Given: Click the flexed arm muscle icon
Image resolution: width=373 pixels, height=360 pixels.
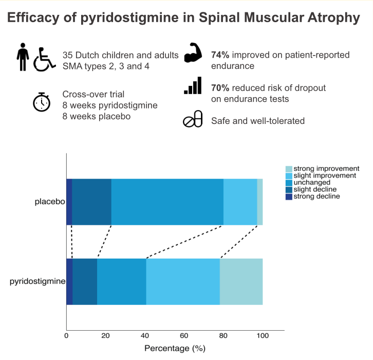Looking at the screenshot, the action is (193, 52).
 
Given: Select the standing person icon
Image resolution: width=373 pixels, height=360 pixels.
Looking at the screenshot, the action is (23, 57).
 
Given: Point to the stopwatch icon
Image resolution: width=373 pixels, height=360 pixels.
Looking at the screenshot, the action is (42, 102).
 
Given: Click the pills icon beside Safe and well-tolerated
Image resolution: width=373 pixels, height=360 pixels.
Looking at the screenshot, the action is (193, 119).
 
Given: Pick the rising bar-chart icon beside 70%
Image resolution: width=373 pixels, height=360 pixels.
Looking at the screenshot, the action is (193, 85).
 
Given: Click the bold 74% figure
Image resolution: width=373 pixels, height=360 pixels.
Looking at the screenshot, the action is (220, 55).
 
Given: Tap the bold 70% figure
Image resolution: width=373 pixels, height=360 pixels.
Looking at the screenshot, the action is (220, 88).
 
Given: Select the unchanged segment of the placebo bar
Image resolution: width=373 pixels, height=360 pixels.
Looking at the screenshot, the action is (167, 202).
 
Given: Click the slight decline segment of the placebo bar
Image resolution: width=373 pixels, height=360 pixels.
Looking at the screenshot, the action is (91, 202).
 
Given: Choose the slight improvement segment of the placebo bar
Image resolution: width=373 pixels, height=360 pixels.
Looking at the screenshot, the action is (240, 202).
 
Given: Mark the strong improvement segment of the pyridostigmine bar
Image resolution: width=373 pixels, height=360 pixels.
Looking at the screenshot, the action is (241, 282).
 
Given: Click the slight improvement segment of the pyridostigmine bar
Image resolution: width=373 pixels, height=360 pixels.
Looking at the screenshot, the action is (183, 282).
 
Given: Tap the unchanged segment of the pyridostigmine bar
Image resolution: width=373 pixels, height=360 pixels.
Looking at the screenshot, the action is (122, 282).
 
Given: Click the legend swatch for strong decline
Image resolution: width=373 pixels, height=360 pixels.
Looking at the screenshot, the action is (289, 197).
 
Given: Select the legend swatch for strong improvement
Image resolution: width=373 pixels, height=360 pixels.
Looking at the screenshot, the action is (289, 169).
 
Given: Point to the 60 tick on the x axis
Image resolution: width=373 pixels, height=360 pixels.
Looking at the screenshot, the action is (184, 336).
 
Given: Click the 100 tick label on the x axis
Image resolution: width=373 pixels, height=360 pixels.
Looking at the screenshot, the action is (263, 336).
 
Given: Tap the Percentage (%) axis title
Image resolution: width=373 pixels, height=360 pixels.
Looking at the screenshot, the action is (175, 349).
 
